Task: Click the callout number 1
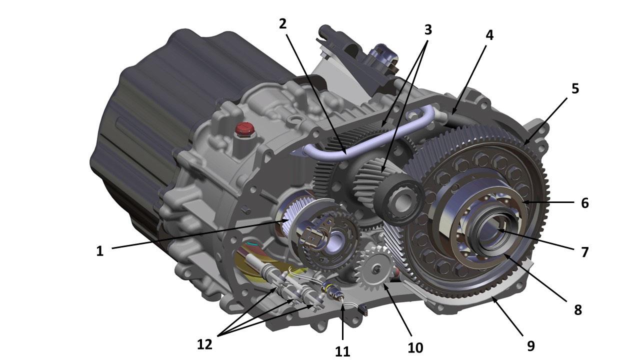(99, 251)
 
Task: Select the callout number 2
(282, 24)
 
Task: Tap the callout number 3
(427, 29)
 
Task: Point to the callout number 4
(489, 35)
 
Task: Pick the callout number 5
(575, 88)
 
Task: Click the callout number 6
(585, 203)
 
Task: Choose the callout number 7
(585, 252)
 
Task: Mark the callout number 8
(577, 309)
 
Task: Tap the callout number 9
(530, 345)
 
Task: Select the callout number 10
(415, 347)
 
